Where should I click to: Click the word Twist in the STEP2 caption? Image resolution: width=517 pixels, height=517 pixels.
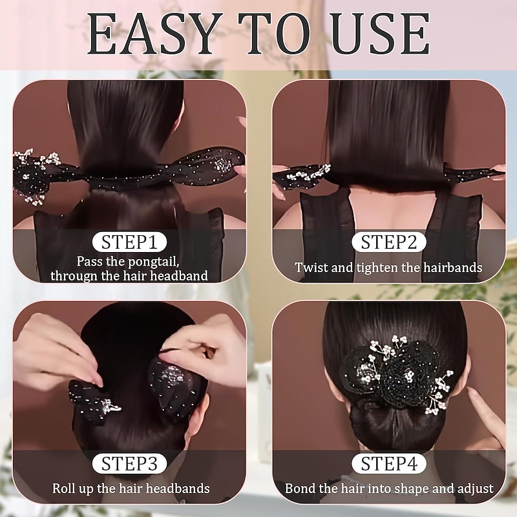[310, 267]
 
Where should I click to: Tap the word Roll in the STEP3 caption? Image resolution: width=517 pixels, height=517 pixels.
[65, 489]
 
